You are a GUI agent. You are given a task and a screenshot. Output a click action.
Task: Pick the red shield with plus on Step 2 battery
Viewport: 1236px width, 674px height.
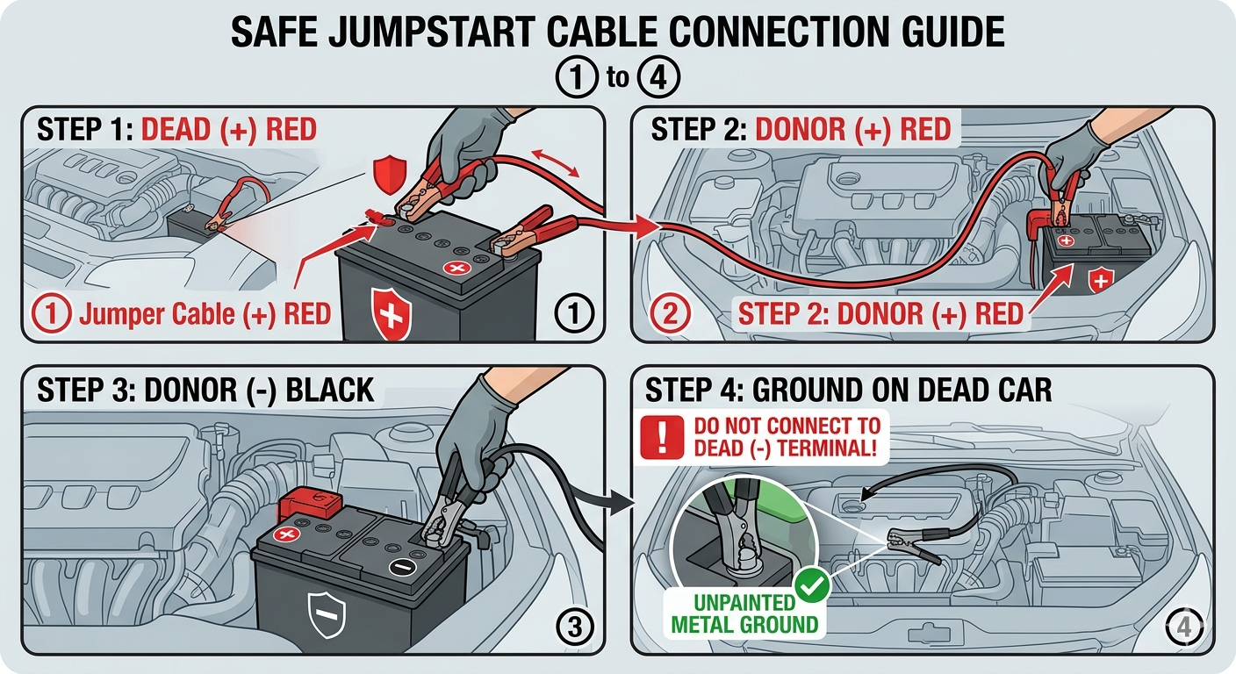(1098, 281)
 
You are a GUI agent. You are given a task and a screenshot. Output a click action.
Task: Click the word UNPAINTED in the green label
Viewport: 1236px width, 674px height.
(744, 603)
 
